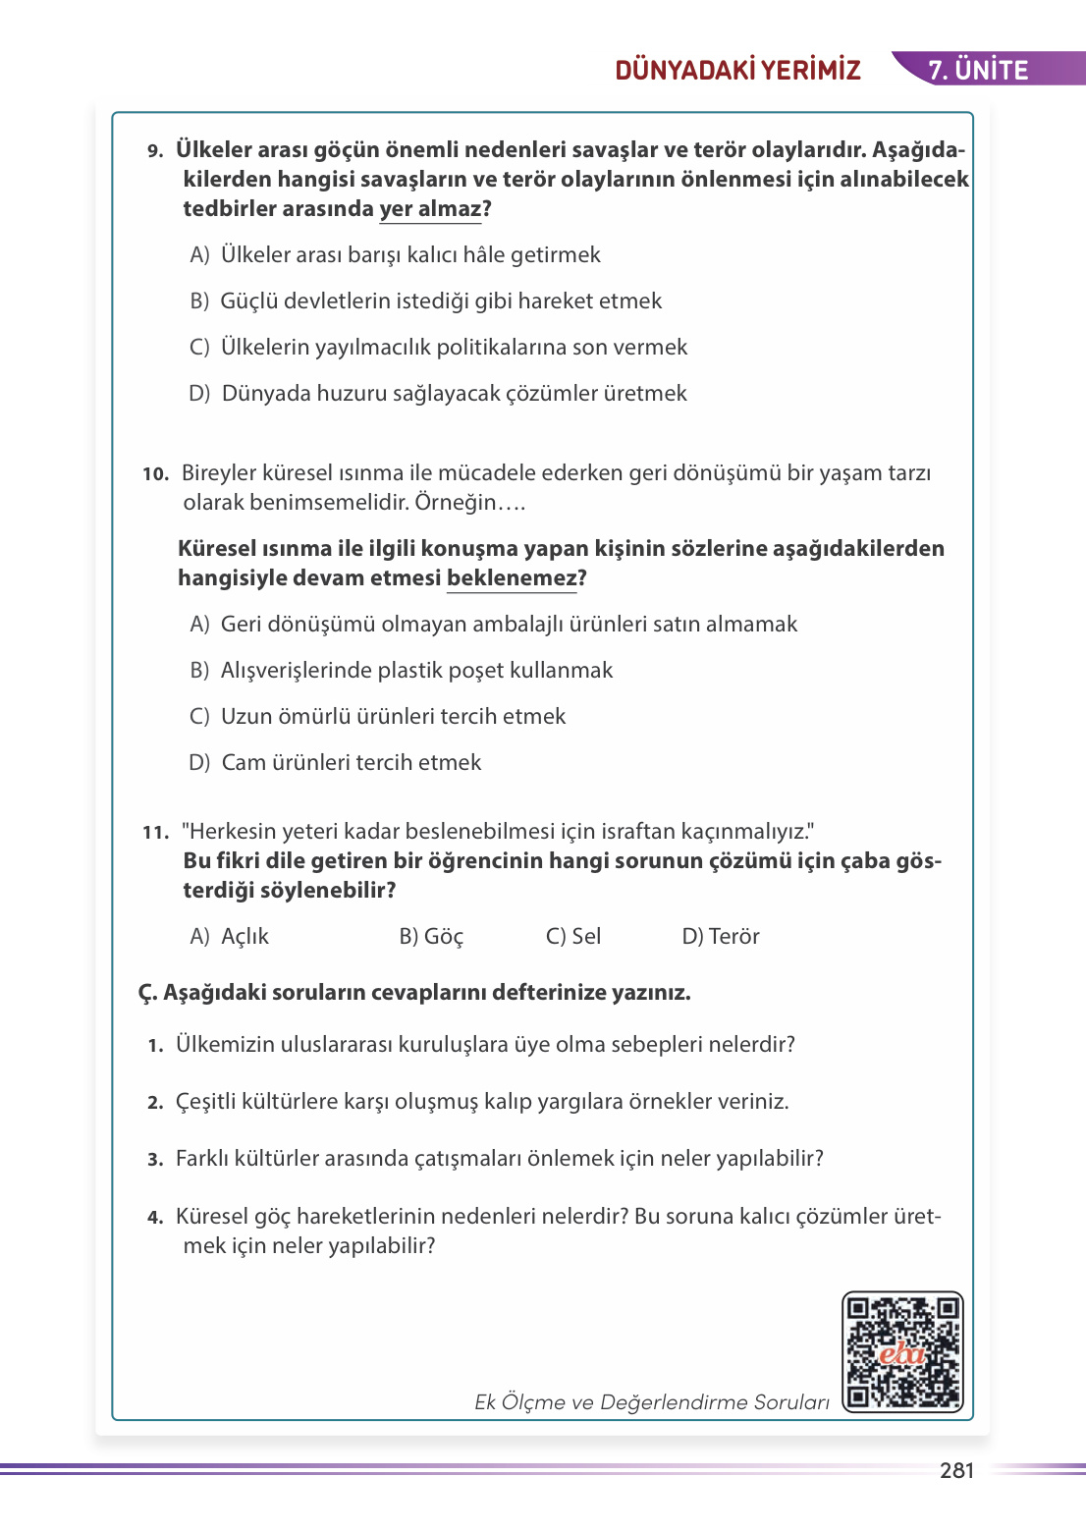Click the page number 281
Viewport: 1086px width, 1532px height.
point(956,1470)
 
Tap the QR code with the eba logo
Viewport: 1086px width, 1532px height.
point(902,1352)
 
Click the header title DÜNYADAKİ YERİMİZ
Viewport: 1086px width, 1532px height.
point(737,70)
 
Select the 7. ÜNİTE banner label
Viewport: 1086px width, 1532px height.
point(978,70)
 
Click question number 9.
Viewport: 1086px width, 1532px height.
point(155,151)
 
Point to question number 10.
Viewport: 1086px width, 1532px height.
point(155,474)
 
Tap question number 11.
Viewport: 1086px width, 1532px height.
point(155,833)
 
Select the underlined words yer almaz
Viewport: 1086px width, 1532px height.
point(430,209)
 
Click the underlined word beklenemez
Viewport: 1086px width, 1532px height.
point(512,578)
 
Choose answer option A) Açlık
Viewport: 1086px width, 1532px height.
point(230,937)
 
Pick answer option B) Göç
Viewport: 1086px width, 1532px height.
point(431,937)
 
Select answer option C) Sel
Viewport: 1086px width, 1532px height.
point(573,937)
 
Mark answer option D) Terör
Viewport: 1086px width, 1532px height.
point(721,937)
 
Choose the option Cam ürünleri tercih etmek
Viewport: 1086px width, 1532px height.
point(336,763)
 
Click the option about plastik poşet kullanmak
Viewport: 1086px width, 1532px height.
point(402,671)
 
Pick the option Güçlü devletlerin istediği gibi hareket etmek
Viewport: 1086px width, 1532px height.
point(426,301)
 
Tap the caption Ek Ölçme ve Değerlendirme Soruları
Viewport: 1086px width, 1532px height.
point(652,1402)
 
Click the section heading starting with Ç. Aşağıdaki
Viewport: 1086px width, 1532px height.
point(414,993)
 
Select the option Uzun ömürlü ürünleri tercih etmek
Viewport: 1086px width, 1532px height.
point(378,717)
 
